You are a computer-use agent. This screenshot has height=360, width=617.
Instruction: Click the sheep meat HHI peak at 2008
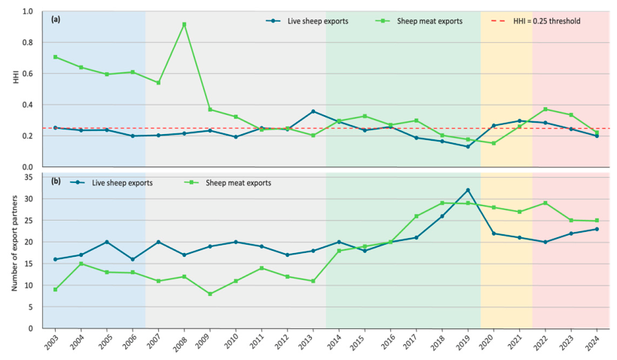click(184, 24)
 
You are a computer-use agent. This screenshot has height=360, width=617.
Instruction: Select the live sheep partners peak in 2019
click(468, 190)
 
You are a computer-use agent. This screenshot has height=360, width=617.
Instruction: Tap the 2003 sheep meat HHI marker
click(56, 57)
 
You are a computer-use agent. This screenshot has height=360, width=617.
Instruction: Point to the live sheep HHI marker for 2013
click(313, 111)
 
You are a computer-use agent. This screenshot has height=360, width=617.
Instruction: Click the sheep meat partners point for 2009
click(210, 294)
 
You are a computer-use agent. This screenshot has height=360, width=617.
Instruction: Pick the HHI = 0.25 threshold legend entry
click(536, 21)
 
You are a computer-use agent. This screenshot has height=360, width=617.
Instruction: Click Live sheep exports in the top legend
click(307, 21)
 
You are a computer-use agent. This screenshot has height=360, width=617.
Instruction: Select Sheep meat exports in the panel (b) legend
click(228, 183)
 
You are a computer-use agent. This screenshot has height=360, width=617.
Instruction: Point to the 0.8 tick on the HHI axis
click(28, 42)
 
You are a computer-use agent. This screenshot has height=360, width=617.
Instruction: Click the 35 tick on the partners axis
click(29, 178)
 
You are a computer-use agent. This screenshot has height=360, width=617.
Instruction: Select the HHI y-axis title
click(16, 78)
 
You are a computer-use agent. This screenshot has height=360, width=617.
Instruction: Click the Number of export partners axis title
click(14, 243)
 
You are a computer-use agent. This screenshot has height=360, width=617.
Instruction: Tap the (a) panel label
click(56, 19)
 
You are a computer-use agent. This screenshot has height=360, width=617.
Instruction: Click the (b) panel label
click(56, 182)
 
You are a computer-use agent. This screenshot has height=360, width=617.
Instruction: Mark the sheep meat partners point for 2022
click(545, 203)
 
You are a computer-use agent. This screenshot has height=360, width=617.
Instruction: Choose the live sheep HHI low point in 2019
click(468, 147)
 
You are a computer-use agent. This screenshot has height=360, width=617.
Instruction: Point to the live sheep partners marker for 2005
click(107, 242)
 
